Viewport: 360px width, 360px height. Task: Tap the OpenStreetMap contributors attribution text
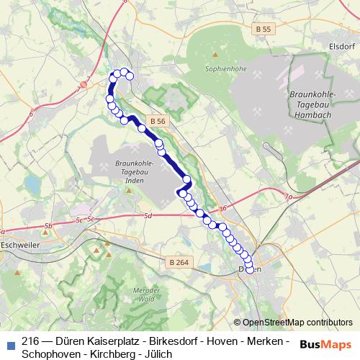click(x=297, y=323)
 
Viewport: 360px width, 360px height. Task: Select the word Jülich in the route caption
click(x=158, y=354)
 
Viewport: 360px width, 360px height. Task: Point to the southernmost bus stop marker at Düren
click(x=251, y=270)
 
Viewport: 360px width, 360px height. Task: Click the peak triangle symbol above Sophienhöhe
click(x=215, y=54)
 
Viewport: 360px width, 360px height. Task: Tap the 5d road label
click(x=148, y=216)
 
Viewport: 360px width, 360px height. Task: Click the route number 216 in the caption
click(x=30, y=342)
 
